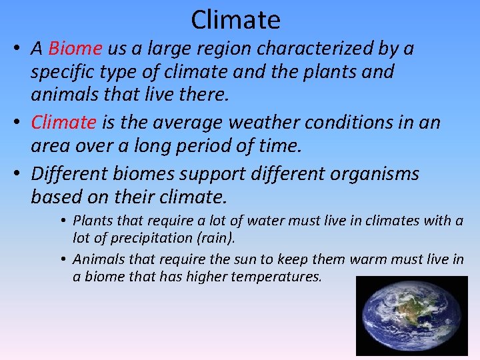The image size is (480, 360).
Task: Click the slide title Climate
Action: [235, 19]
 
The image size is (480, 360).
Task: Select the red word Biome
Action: [75, 49]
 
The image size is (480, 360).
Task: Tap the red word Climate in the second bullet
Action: [64, 122]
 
